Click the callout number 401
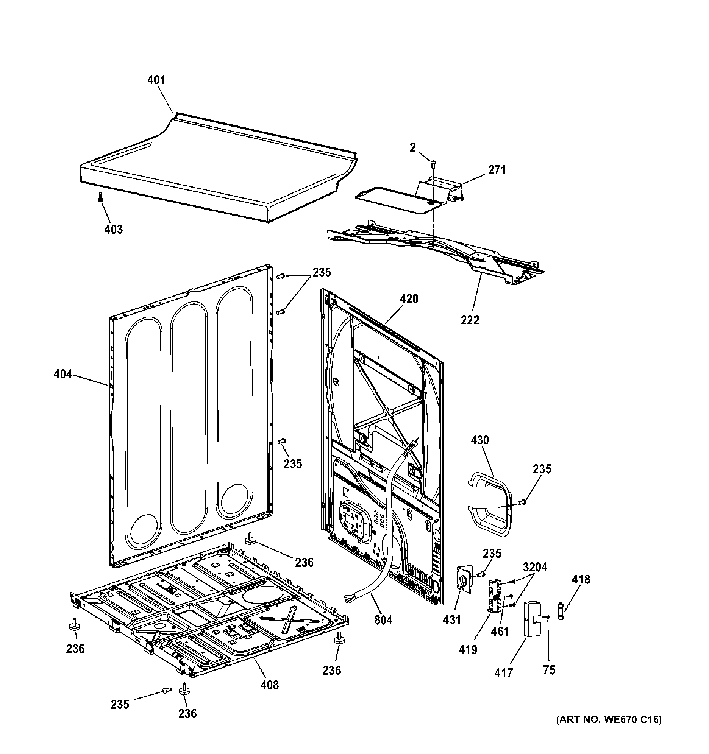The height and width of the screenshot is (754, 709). pos(156,80)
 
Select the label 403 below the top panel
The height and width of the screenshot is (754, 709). pos(113,230)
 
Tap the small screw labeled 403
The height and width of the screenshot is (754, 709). pos(100,197)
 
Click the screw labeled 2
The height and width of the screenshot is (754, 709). pos(433,164)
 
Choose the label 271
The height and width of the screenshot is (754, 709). pos(497,170)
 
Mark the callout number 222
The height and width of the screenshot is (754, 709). pos(470,320)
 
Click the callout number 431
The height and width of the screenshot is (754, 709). pos(452,620)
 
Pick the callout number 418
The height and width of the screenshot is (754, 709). pos(581,579)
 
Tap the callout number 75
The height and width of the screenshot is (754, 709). pos(549,670)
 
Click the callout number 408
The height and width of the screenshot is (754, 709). pos(269,685)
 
